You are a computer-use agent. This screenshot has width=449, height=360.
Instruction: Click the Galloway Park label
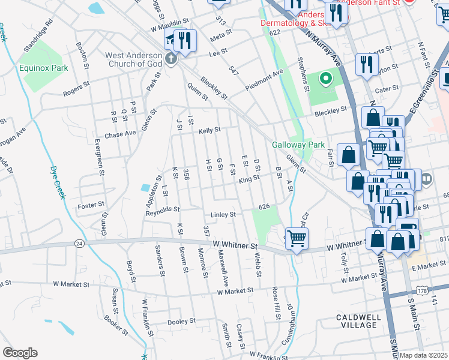(298, 145)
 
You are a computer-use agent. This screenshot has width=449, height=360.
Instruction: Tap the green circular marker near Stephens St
(325, 79)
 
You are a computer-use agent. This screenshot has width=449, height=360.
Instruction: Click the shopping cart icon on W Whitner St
(297, 238)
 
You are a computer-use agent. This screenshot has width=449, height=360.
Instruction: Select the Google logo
(20, 353)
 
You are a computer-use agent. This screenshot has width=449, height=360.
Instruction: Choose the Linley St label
(223, 214)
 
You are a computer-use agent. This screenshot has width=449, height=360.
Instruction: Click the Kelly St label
(209, 130)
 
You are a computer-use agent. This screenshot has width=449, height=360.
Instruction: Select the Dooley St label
(182, 322)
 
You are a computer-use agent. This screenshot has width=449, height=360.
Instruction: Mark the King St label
(248, 178)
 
